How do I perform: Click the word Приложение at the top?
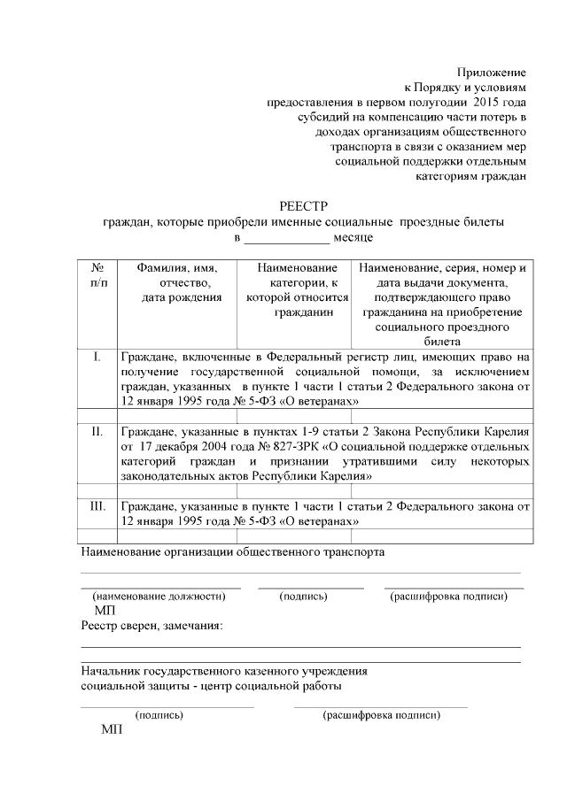click(491, 72)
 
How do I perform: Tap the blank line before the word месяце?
click(285, 239)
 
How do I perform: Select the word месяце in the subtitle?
click(353, 238)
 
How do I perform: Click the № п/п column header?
click(98, 274)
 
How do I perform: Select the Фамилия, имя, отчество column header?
click(182, 282)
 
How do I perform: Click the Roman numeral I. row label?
click(97, 357)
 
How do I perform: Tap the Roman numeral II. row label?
click(97, 432)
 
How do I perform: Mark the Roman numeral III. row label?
click(97, 507)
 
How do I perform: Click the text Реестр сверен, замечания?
click(151, 627)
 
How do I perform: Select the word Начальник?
click(112, 672)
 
